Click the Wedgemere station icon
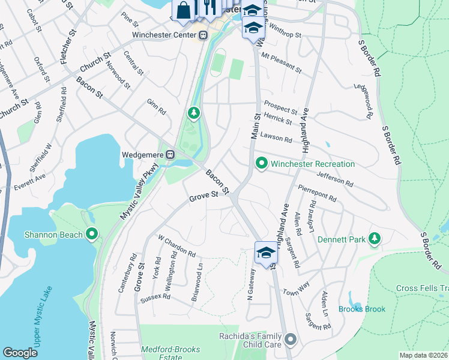[170, 155]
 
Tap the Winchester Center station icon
[203, 35]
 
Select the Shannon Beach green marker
[91, 234]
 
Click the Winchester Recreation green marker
[261, 163]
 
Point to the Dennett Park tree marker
[375, 239]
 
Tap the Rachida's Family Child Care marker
[291, 340]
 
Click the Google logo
[20, 353]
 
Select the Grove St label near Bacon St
[203, 196]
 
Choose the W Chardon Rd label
[176, 245]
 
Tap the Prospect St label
[282, 111]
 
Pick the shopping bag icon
[183, 10]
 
